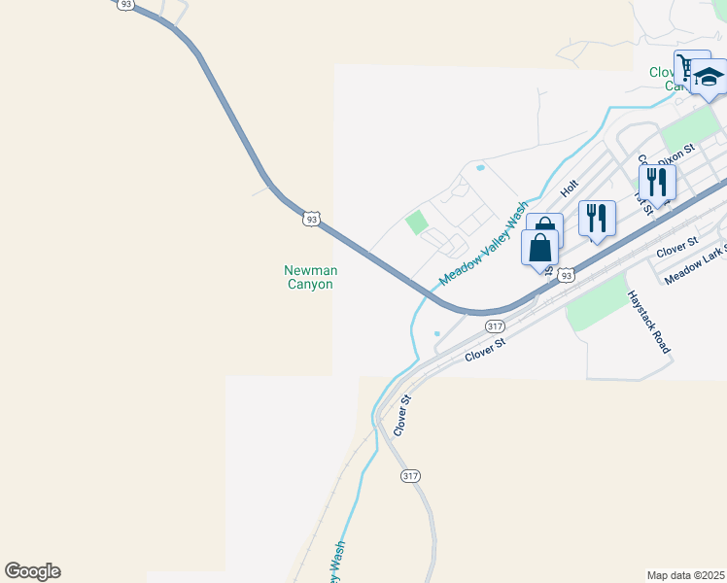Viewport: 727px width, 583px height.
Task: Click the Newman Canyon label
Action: pyautogui.click(x=310, y=277)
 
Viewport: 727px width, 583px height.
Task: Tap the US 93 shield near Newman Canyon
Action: pyautogui.click(x=310, y=219)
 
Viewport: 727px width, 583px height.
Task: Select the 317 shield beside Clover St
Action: pyautogui.click(x=495, y=326)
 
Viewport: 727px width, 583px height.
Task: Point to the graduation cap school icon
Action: pyautogui.click(x=709, y=78)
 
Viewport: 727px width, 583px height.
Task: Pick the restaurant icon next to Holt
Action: pyautogui.click(x=597, y=218)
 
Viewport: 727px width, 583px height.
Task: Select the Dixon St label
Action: pyautogui.click(x=677, y=154)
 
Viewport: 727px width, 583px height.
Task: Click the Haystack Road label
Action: pyautogui.click(x=648, y=322)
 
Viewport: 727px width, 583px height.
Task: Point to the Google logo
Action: pyautogui.click(x=32, y=571)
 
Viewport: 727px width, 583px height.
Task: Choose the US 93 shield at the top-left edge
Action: pyautogui.click(x=125, y=5)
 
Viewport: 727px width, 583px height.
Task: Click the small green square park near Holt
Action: pyautogui.click(x=417, y=222)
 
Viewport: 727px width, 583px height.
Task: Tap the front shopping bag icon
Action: pyautogui.click(x=539, y=248)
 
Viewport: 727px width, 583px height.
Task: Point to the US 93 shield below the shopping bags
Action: pyautogui.click(x=567, y=275)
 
